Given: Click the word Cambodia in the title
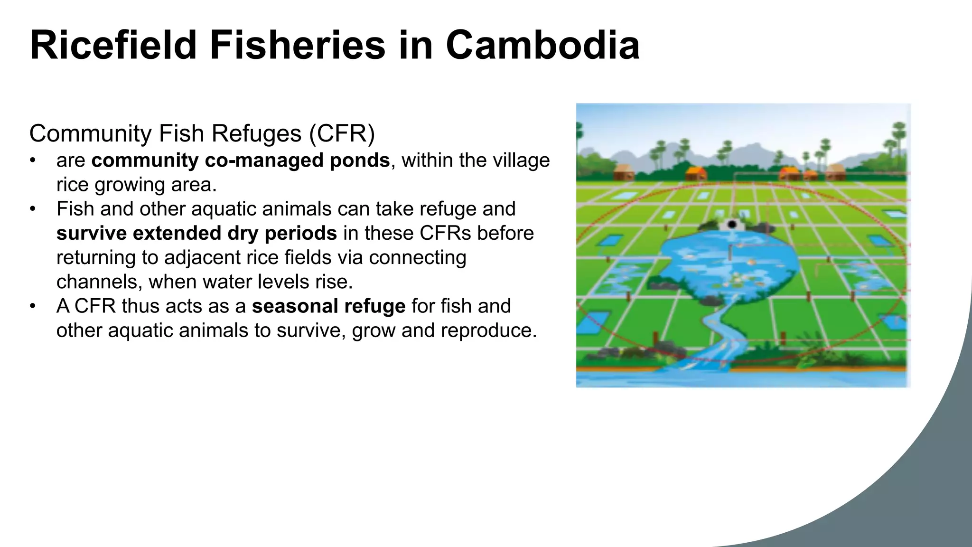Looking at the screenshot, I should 542,45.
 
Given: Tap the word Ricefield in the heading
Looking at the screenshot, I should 113,45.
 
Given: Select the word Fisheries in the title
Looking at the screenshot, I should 298,45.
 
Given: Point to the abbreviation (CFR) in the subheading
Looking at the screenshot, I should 342,133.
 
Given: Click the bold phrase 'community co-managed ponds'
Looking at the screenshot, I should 241,160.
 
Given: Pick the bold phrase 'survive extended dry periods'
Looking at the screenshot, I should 196,233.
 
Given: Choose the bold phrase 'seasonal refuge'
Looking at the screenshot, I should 328,306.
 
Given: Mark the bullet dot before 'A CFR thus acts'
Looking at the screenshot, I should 32,306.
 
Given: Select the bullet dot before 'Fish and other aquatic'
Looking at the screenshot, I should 32,209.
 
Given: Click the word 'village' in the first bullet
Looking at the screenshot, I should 521,160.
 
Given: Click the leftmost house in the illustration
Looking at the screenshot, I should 623,171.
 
